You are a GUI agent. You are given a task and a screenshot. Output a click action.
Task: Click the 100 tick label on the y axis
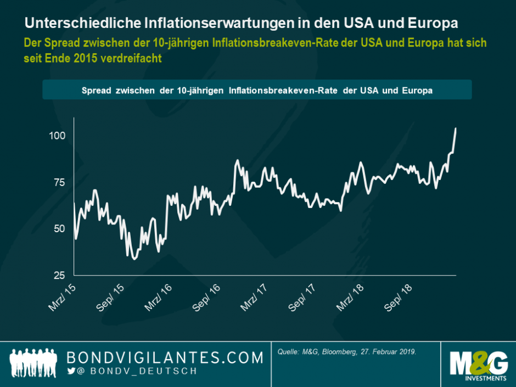58,136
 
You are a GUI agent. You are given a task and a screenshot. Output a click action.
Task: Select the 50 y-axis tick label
60,229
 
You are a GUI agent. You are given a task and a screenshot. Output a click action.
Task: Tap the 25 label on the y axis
60,275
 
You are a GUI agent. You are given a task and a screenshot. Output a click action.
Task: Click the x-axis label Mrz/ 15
62,296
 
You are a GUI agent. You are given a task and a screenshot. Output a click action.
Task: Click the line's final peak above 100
456,129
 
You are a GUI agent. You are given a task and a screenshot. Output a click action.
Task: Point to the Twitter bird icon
71,372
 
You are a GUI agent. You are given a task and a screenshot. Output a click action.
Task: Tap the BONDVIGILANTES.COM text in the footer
165,358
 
